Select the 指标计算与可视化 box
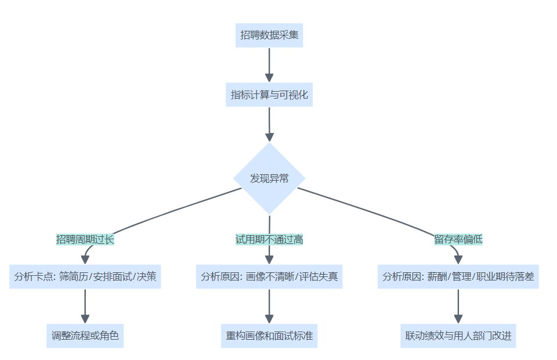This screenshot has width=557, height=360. coord(269,95)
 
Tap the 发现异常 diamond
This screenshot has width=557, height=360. coord(269,178)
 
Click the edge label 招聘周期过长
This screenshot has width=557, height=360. coord(85,239)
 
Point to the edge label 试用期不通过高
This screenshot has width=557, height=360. coord(269,239)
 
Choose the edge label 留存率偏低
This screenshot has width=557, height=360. coord(458,239)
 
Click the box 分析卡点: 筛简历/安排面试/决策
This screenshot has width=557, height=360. coord(85,277)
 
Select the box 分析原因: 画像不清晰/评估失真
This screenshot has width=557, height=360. coord(269,277)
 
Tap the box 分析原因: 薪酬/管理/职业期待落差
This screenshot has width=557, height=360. coord(458,277)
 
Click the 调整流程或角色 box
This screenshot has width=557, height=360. coord(85,336)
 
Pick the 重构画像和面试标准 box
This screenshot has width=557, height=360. coord(269,336)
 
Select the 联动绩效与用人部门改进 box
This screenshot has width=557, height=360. coord(458,336)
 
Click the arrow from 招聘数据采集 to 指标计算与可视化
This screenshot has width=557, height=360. coord(269,65)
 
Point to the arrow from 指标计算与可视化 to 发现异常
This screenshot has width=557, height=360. coord(269,124)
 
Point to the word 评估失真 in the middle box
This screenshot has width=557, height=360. coord(319,277)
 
